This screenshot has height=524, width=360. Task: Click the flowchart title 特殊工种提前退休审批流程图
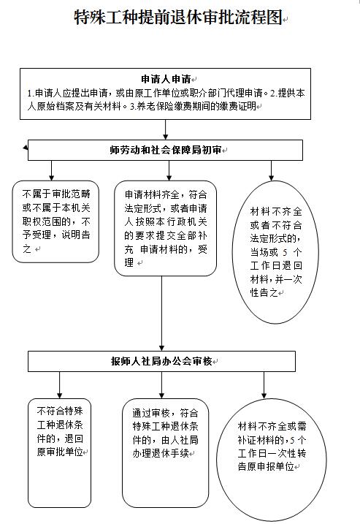178,18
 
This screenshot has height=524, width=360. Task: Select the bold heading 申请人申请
166,79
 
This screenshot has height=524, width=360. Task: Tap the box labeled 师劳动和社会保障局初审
165,150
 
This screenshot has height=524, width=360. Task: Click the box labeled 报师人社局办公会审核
161,361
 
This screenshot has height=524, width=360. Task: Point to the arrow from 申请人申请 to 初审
165,129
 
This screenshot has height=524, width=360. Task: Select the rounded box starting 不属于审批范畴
55,221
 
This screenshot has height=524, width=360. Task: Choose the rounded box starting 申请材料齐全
165,228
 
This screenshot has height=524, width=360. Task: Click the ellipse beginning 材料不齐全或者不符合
275,252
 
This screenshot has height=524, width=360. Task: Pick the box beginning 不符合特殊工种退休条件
59,453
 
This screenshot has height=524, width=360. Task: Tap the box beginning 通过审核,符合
165,453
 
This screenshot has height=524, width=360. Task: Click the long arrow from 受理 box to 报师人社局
161,314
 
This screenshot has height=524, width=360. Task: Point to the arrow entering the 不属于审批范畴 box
51,170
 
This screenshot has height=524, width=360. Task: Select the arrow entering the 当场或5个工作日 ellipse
271,170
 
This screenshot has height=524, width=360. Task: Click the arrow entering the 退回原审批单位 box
59,385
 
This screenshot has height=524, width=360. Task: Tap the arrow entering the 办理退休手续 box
161,385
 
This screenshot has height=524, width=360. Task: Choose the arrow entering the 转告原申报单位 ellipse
264,385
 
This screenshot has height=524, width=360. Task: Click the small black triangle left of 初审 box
26,148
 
